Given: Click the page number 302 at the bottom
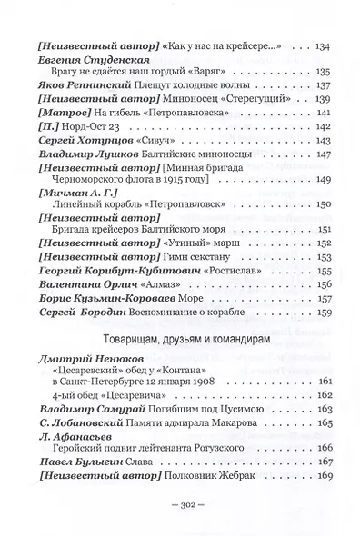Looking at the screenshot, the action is tap(179, 501).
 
